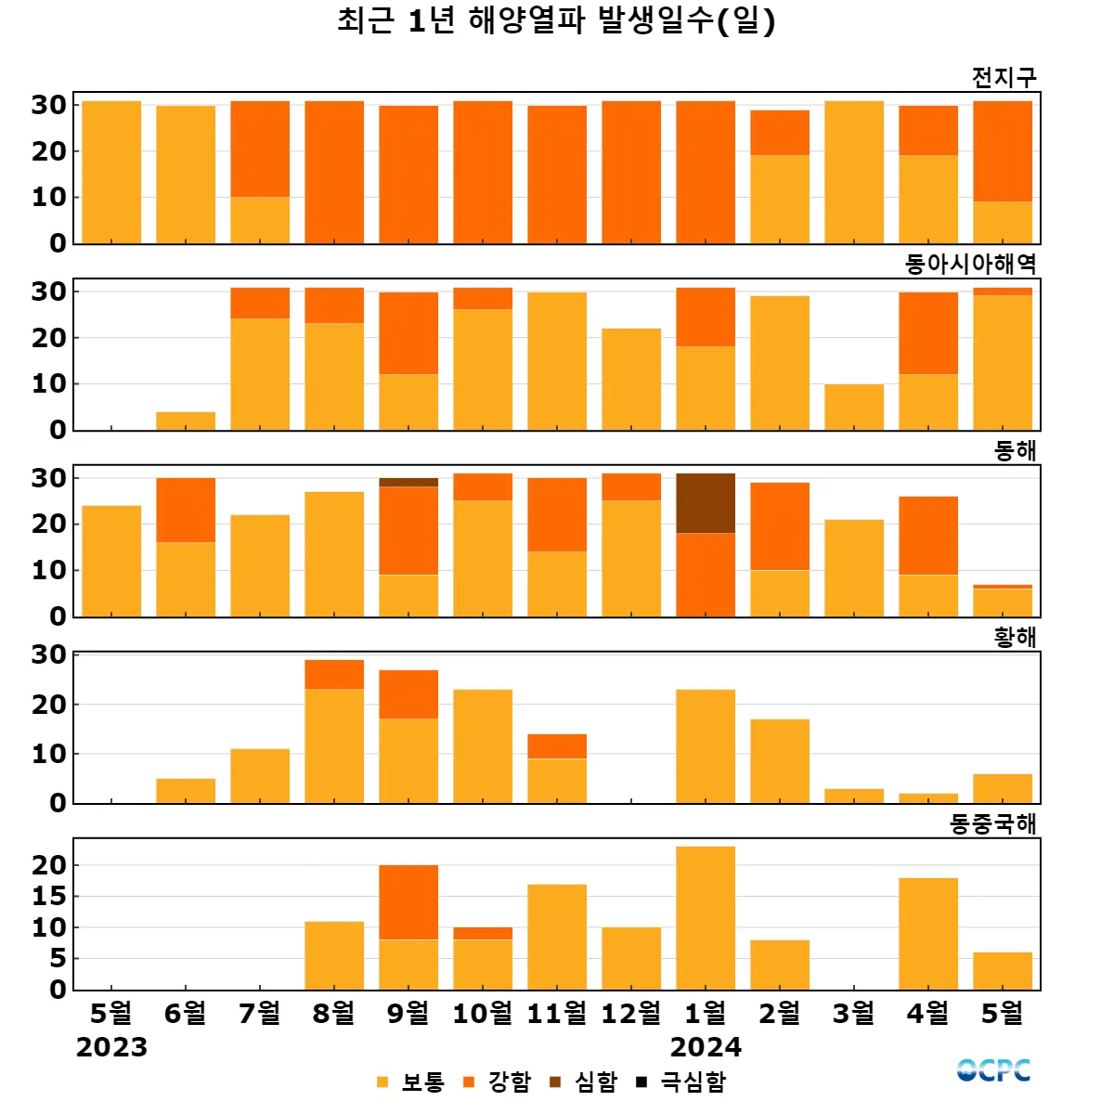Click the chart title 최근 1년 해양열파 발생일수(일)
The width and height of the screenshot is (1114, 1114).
pyautogui.click(x=556, y=20)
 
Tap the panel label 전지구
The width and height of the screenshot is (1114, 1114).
pyautogui.click(x=1004, y=78)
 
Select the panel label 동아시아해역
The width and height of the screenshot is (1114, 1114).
pyautogui.click(x=970, y=265)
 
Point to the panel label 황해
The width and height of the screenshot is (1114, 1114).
pyautogui.click(x=1015, y=638)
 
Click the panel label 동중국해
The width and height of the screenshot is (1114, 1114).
pyautogui.click(x=992, y=824)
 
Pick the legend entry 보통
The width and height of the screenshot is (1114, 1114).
pyautogui.click(x=411, y=1082)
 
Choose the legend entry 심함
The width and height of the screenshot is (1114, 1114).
pyautogui.click(x=585, y=1082)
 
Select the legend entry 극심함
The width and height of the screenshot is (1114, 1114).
pyautogui.click(x=682, y=1082)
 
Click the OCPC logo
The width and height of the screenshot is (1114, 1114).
pyautogui.click(x=993, y=1070)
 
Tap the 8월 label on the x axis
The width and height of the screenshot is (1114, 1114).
pyautogui.click(x=334, y=1013)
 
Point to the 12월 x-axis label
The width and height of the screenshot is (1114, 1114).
pyautogui.click(x=631, y=1013)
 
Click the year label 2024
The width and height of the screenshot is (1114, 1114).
pyautogui.click(x=706, y=1048)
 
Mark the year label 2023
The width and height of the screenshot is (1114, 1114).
pyautogui.click(x=111, y=1048)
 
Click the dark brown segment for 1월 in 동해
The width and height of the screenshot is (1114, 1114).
pyautogui.click(x=706, y=503)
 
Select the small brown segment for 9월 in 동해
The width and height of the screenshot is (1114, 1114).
pyautogui.click(x=408, y=483)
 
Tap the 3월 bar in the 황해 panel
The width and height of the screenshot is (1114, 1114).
pyautogui.click(x=854, y=796)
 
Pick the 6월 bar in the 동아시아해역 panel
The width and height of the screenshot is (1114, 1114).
pyautogui.click(x=186, y=421)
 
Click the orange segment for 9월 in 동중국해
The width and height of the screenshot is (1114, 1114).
pyautogui.click(x=408, y=902)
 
